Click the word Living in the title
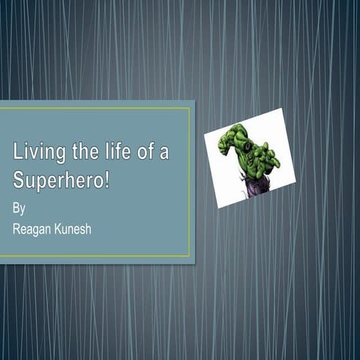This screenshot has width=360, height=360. pyautogui.click(x=37, y=154)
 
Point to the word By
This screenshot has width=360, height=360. pyautogui.click(x=19, y=208)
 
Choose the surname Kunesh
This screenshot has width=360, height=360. pyautogui.click(x=73, y=229)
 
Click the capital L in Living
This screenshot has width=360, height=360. pyautogui.click(x=18, y=152)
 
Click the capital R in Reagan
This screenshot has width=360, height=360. pyautogui.click(x=17, y=229)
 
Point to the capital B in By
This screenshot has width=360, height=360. pyautogui.click(x=16, y=207)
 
